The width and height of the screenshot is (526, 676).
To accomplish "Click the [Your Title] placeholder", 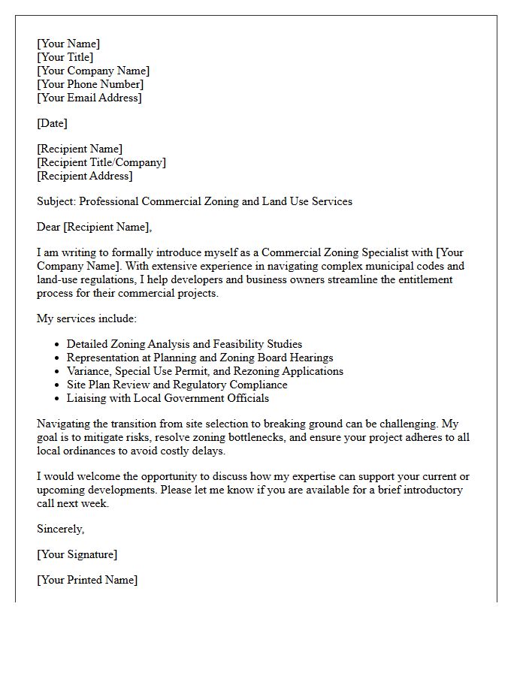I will coord(65,57).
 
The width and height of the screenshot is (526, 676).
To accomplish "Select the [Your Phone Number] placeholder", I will coord(90,84).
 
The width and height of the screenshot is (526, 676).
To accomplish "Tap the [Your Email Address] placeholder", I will coord(89,98).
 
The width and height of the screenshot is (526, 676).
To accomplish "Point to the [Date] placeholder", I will coord(52,123).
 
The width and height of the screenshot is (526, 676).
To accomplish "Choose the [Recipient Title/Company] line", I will coord(101,162).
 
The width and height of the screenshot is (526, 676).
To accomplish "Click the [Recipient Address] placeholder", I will coord(85,176).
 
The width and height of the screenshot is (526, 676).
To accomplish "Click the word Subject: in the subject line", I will coord(56,201).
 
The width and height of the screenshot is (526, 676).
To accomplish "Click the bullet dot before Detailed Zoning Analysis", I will coord(57,345).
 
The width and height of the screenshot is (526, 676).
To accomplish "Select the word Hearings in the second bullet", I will coord(310,358).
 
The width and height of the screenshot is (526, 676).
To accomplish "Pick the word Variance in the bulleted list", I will coord(89,371).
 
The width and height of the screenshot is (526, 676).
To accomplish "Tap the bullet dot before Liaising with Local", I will coord(57,399).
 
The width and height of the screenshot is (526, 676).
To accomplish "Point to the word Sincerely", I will coord(60,529).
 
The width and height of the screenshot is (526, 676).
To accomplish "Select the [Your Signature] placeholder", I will coord(77,554).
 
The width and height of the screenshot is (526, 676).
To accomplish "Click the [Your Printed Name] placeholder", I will coord(87,580).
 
